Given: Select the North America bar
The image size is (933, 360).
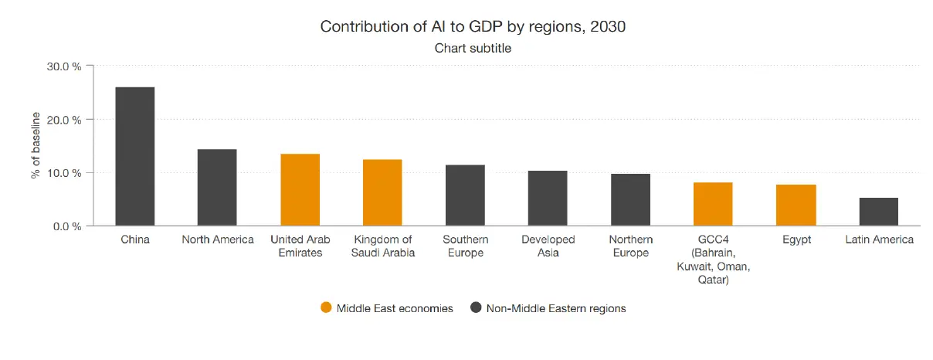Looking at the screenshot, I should pos(217,188).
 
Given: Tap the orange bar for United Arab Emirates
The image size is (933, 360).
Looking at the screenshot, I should pos(300,190).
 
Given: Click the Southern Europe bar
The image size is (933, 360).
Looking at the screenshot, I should pos(465,195).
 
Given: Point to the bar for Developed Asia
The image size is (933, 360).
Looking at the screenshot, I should pos(548,199).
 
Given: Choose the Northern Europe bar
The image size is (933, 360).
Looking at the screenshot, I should pos(630,200).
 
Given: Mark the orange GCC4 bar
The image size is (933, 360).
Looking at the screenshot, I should pos(713,204).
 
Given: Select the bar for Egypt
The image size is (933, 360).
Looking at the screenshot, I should pos(796,205).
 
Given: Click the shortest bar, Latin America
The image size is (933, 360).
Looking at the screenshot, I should pos(878,212).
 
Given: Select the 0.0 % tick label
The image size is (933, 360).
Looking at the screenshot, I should pos(66,226).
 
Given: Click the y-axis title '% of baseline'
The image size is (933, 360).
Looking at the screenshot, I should pos(36,145).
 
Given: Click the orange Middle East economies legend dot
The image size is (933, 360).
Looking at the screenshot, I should pos(326,308).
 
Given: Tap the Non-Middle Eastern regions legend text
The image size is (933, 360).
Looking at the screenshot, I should pos(555,308).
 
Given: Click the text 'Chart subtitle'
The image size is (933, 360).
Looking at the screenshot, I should pos(473,48).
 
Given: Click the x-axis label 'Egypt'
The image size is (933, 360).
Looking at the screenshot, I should pos(796,239).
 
